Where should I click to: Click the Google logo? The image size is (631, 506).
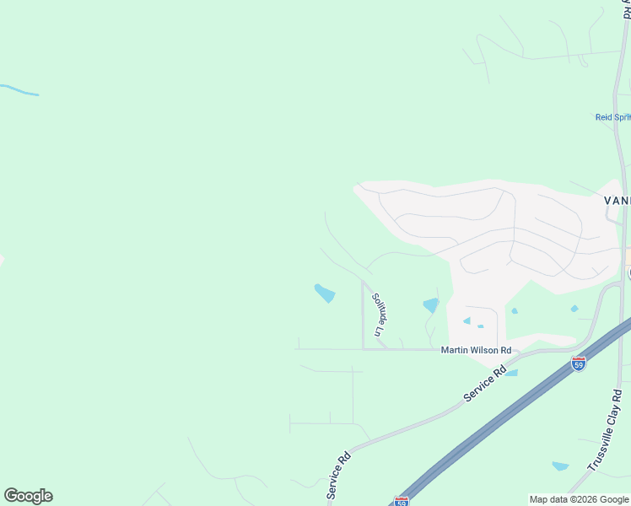point(28,496)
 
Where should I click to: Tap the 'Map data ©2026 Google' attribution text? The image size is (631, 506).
point(579,499)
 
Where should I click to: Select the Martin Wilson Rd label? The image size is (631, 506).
point(476,350)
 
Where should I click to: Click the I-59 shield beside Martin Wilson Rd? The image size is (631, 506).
point(578,363)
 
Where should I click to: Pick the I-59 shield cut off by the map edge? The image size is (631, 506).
point(402,502)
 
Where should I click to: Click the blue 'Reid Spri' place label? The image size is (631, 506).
point(613,117)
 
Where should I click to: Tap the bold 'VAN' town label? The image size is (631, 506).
point(617,201)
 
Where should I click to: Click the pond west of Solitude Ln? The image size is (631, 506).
point(325,293)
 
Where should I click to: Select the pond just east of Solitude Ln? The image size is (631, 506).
point(431,305)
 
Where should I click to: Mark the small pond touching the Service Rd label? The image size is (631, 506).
point(511,372)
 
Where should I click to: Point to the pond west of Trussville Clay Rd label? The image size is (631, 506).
point(560,466)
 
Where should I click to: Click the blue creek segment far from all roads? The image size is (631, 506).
point(19,89)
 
